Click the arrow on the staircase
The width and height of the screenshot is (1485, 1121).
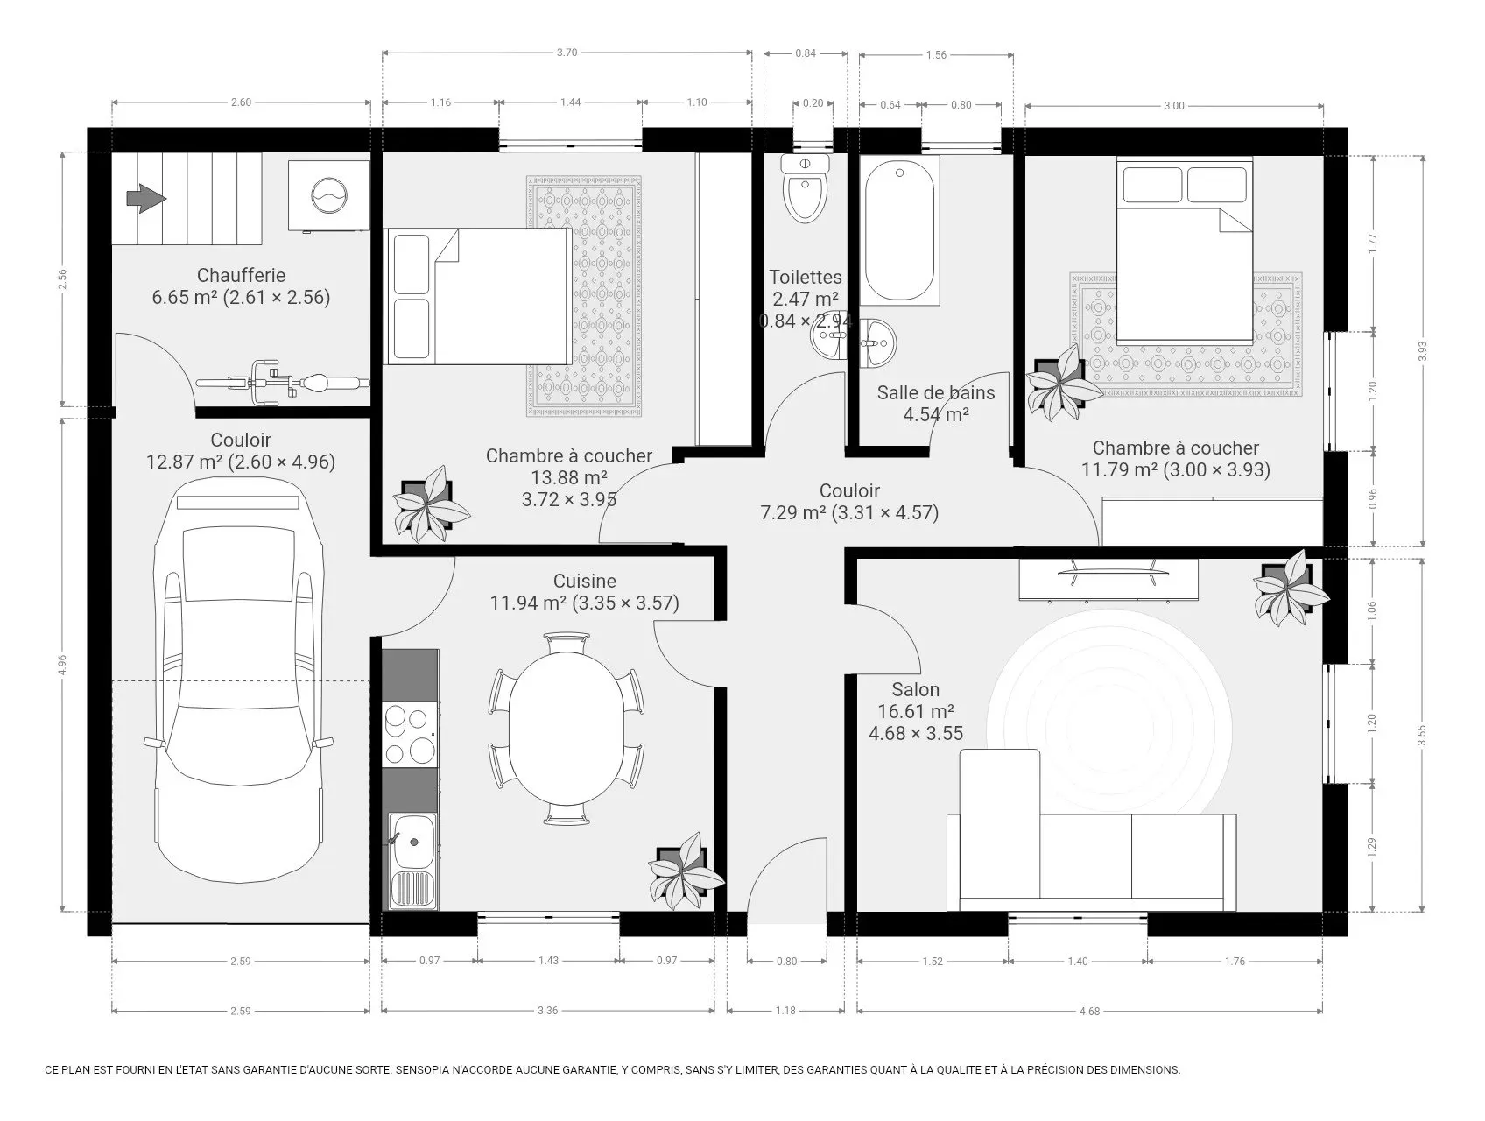coord(146,199)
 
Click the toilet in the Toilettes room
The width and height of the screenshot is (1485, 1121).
coord(805,189)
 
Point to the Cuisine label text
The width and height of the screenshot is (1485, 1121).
coord(585,581)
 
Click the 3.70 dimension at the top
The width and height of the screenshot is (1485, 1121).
coord(567,53)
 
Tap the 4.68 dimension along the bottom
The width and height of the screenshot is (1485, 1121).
coord(1089,1011)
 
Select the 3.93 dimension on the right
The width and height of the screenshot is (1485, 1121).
coord(1423,350)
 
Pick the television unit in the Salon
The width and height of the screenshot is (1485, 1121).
coord(1108,580)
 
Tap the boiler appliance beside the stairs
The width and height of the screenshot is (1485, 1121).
coord(328,195)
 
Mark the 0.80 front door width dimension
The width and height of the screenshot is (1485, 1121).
coord(787,961)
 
